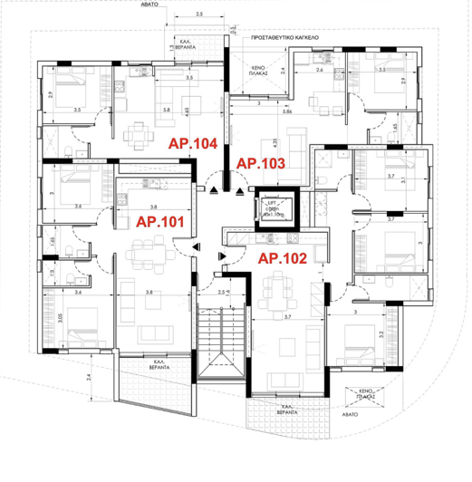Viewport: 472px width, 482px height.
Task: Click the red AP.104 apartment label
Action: (x=192, y=143)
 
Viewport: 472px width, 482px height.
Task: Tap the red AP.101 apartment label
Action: (x=159, y=220)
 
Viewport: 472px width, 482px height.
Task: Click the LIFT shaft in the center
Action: (x=269, y=207)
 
